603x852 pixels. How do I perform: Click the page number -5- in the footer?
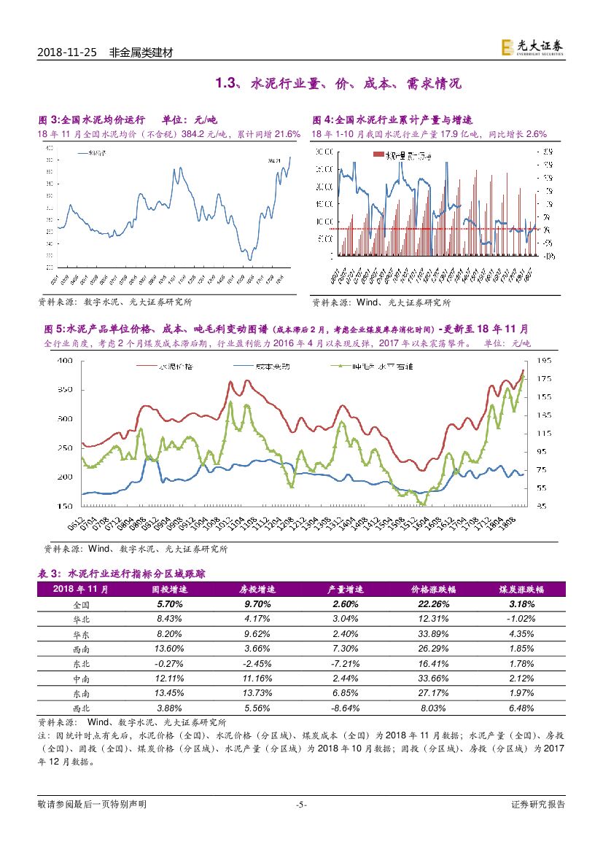pos(301,805)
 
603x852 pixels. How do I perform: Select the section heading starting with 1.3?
pos(338,84)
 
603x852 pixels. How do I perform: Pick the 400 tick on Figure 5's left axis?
pos(65,361)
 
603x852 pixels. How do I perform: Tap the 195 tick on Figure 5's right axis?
pos(542,361)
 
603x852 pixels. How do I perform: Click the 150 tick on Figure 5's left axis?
pos(65,506)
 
